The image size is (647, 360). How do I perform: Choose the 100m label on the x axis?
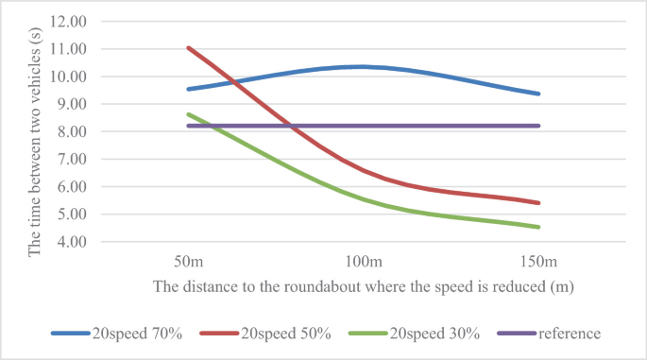pos(364,260)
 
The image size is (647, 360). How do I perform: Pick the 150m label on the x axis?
pos(538,260)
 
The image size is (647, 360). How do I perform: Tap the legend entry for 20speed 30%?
pos(426,333)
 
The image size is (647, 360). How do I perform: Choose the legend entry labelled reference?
pos(568,333)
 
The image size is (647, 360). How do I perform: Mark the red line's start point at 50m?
pos(189,47)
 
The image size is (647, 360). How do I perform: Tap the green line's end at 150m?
pos(538,227)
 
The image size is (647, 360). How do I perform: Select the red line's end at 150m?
pos(538,202)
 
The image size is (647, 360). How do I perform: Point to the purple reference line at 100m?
pos(364,126)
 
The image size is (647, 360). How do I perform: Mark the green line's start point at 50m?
pos(189,114)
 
